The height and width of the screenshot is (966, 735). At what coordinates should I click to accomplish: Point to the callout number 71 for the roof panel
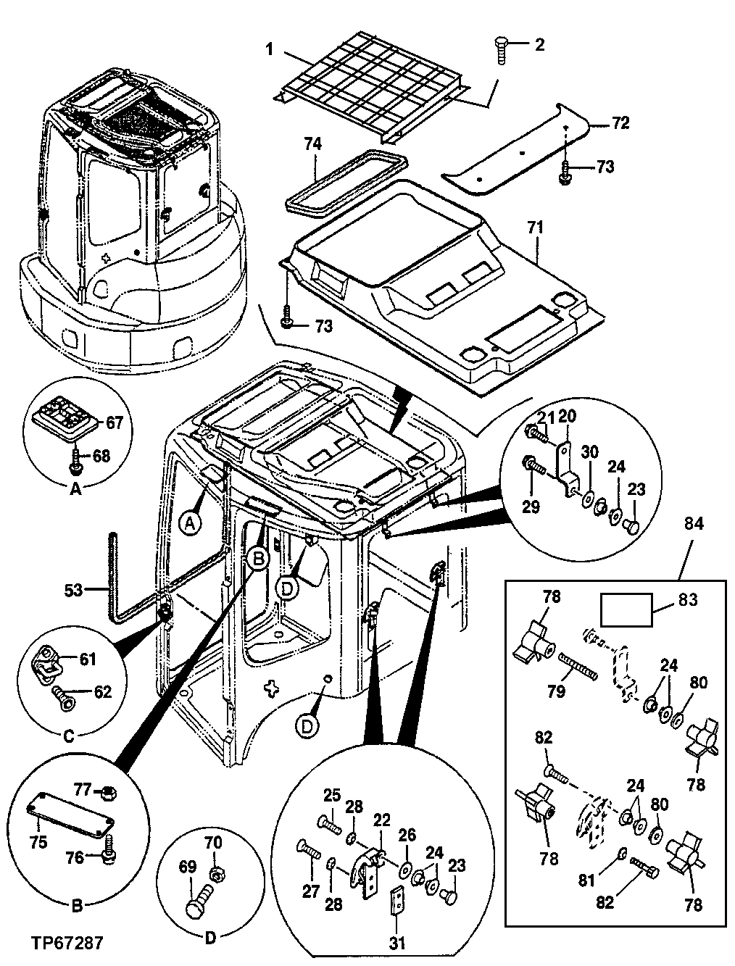pyautogui.click(x=535, y=228)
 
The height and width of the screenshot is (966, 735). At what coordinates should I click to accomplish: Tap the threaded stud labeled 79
pyautogui.click(x=577, y=665)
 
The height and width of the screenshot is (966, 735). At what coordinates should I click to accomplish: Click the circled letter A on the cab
pyautogui.click(x=190, y=523)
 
